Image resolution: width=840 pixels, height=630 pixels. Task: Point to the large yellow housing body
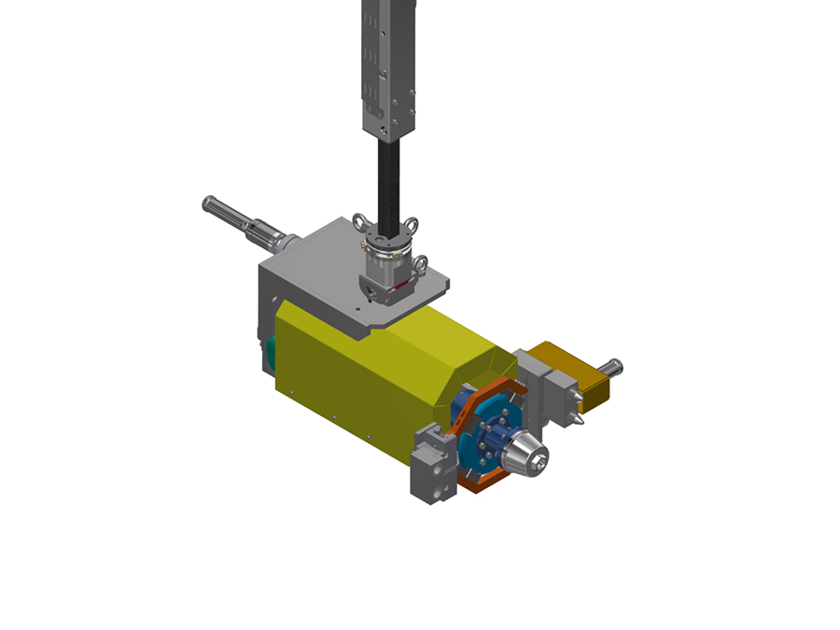(364, 373)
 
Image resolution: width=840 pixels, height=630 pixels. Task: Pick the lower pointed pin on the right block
(579, 421)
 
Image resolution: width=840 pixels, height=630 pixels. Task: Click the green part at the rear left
(269, 353)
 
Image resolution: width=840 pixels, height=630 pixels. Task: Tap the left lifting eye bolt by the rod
(359, 221)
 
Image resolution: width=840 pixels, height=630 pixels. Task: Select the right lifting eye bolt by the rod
(411, 224)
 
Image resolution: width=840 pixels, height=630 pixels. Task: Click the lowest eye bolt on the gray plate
(372, 296)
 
